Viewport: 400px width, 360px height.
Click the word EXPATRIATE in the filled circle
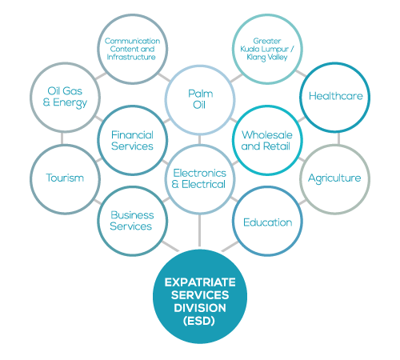point(200,282)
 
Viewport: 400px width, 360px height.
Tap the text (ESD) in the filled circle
point(199,321)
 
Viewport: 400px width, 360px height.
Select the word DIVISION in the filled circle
point(200,308)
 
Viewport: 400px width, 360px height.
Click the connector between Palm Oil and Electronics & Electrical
point(200,140)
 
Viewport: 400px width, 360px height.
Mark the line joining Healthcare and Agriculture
point(338,138)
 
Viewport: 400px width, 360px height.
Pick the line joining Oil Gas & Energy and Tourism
point(62,138)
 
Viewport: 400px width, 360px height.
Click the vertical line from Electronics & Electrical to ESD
point(199,230)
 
